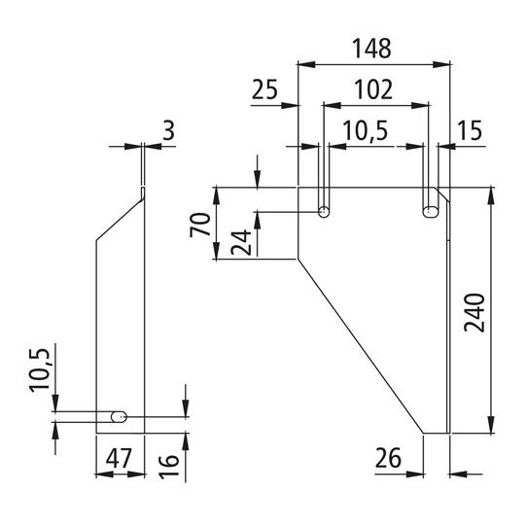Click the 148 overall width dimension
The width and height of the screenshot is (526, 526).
click(373, 48)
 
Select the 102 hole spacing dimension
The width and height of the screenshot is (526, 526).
click(374, 89)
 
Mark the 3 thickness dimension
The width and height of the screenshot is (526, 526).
click(169, 129)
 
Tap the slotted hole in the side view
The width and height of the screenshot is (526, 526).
click(119, 416)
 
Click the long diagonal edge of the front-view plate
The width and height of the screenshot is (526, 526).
click(360, 345)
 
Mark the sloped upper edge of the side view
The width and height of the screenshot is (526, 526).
click(119, 217)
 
